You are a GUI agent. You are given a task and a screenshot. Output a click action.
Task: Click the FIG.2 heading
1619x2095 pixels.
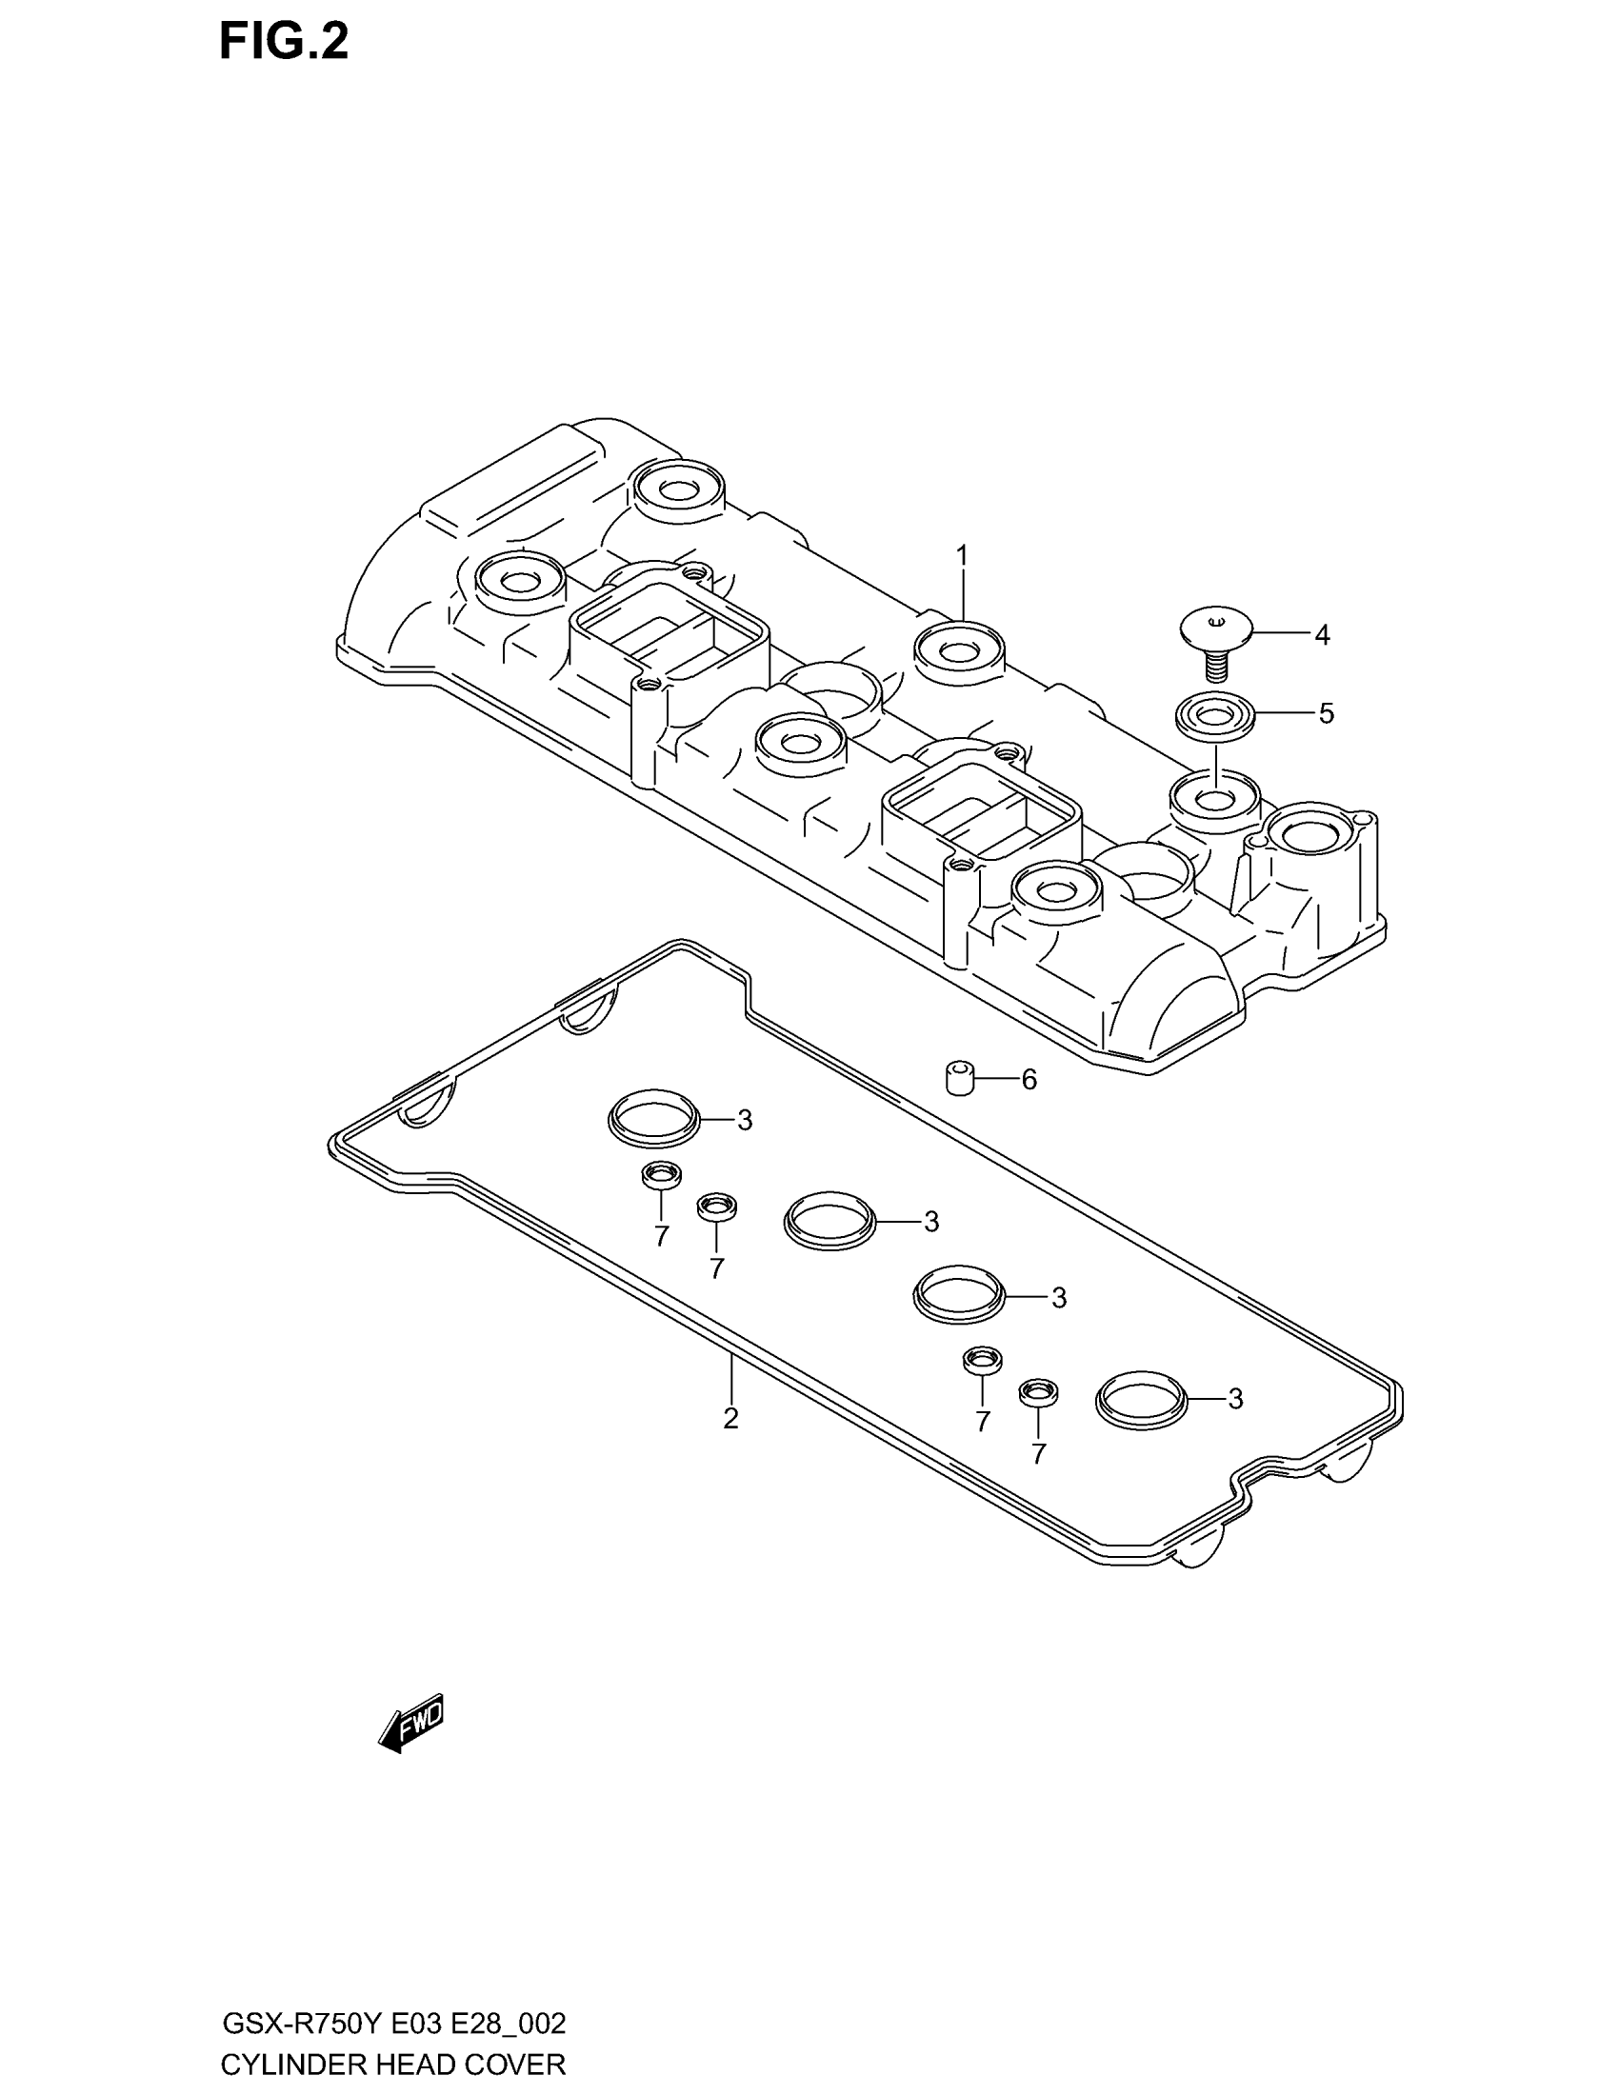point(284,43)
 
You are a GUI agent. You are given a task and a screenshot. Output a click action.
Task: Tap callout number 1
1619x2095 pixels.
point(961,556)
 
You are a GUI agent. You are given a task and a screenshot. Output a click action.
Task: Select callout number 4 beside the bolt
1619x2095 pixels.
point(1322,635)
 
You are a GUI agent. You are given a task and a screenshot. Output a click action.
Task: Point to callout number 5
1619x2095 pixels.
point(1326,713)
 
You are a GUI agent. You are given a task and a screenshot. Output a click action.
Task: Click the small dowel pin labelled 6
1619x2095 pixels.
point(959,1078)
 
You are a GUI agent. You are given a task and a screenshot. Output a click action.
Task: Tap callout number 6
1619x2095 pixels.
point(1029,1081)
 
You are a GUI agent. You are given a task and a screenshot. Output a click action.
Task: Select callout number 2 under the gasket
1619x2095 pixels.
point(730,1418)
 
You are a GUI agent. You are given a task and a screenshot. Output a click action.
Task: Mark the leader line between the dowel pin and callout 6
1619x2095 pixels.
point(995,1079)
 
